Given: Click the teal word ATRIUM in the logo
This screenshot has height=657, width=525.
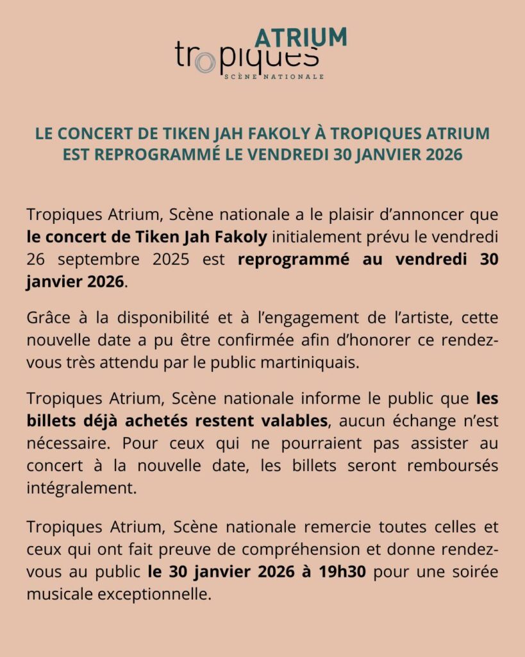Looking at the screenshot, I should (301, 37).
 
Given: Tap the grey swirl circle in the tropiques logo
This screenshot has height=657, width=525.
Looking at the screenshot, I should (204, 62).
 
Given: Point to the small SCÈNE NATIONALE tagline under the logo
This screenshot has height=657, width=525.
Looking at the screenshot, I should (274, 76).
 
